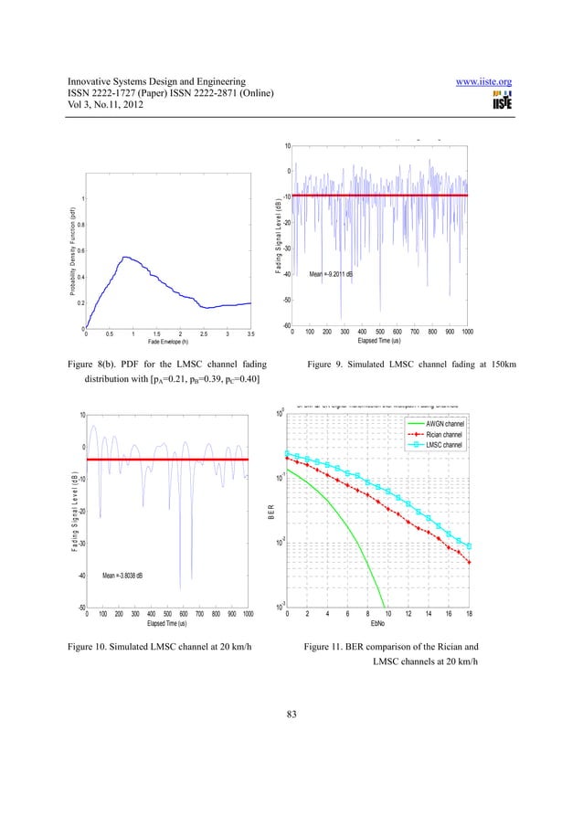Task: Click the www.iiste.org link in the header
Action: tap(485, 83)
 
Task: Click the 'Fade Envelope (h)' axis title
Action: tap(168, 342)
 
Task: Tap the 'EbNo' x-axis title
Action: tap(376, 624)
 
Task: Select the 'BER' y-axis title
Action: tap(271, 517)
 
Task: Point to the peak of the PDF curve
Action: tap(127, 257)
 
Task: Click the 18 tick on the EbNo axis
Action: tap(469, 615)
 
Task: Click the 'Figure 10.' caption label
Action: tap(92, 647)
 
